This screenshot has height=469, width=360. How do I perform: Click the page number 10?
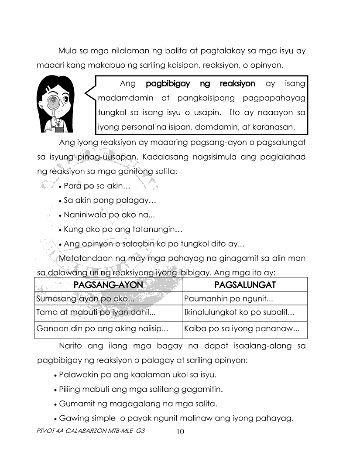pyautogui.click(x=180, y=432)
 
